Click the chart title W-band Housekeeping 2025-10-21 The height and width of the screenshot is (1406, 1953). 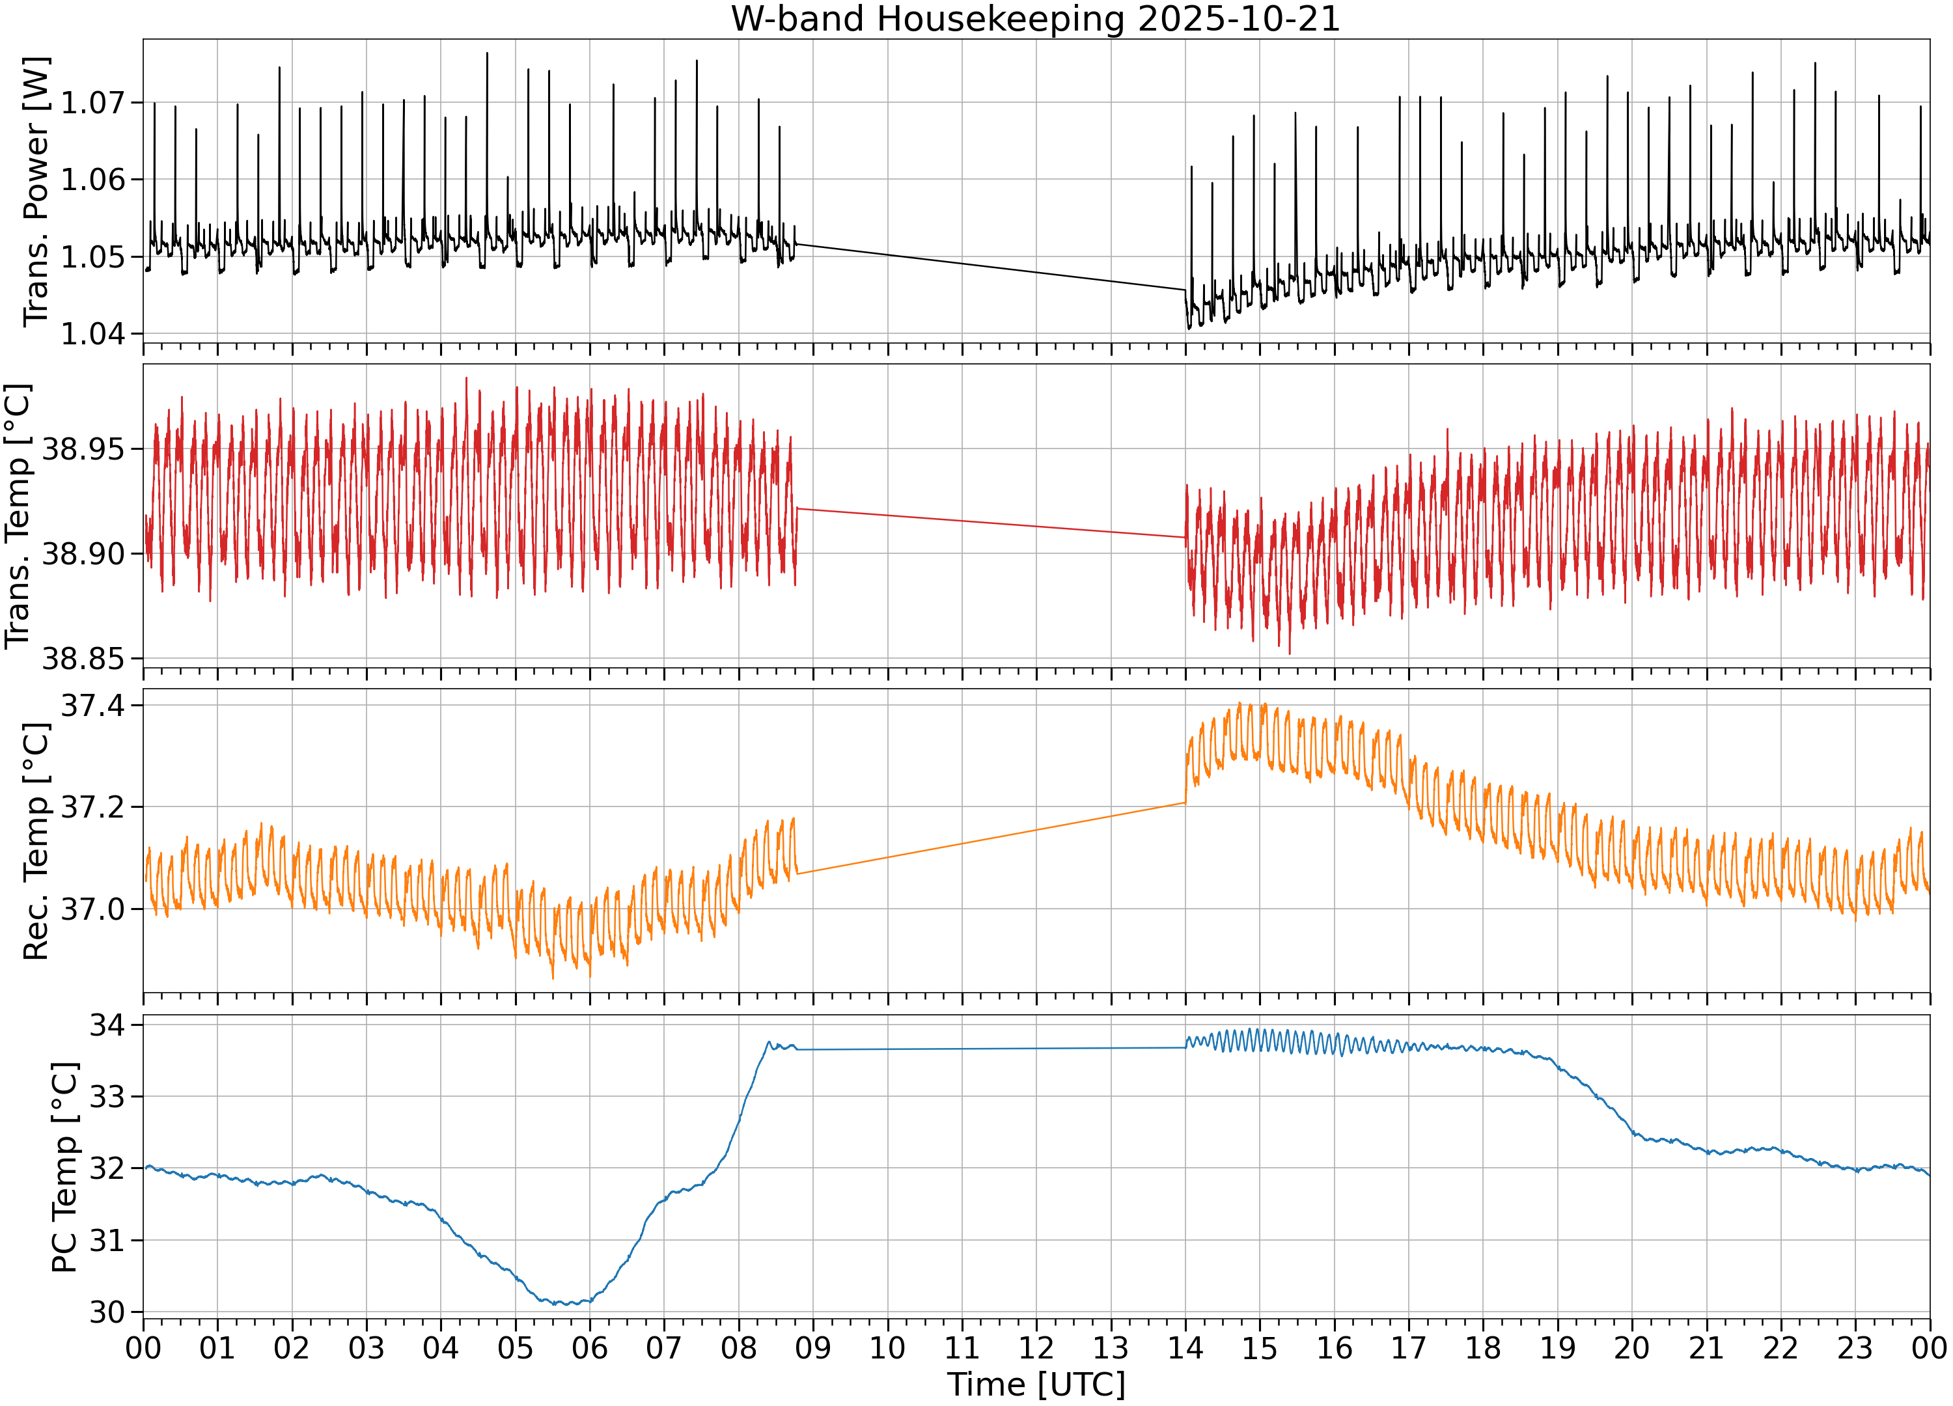pos(1036,19)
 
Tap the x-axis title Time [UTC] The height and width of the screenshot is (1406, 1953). pos(1036,1384)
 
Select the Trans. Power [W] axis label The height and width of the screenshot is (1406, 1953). pos(36,192)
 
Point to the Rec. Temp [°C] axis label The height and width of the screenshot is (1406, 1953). pos(36,841)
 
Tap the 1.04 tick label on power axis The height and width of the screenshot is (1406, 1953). pos(92,334)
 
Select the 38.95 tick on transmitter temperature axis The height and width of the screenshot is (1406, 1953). pos(83,449)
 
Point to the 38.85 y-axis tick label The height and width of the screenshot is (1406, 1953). pos(83,659)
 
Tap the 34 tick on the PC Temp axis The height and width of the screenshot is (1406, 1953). pos(107,1025)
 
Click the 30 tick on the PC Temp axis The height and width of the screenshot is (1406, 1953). pos(107,1313)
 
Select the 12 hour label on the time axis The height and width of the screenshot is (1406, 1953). pos(1036,1347)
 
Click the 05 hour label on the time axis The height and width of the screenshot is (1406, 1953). pos(515,1347)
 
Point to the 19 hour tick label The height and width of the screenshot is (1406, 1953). pos(1557,1347)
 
